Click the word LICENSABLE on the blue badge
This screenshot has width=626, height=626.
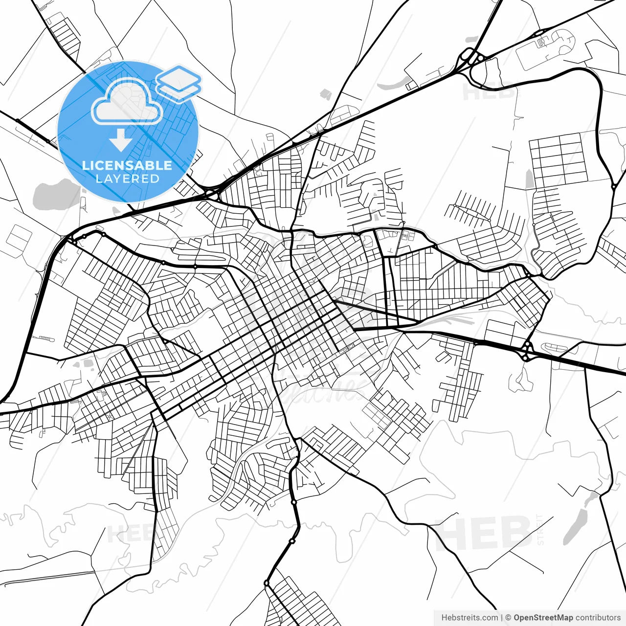point(127,165)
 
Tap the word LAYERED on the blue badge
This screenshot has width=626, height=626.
point(127,179)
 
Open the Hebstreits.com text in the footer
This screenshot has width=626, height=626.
point(469,618)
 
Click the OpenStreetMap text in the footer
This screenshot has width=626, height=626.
point(543,618)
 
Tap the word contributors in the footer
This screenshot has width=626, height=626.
point(598,618)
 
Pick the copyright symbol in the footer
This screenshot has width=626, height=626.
point(508,618)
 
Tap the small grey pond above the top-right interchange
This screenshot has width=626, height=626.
point(472,39)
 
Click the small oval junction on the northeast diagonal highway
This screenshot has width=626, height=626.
point(540,33)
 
